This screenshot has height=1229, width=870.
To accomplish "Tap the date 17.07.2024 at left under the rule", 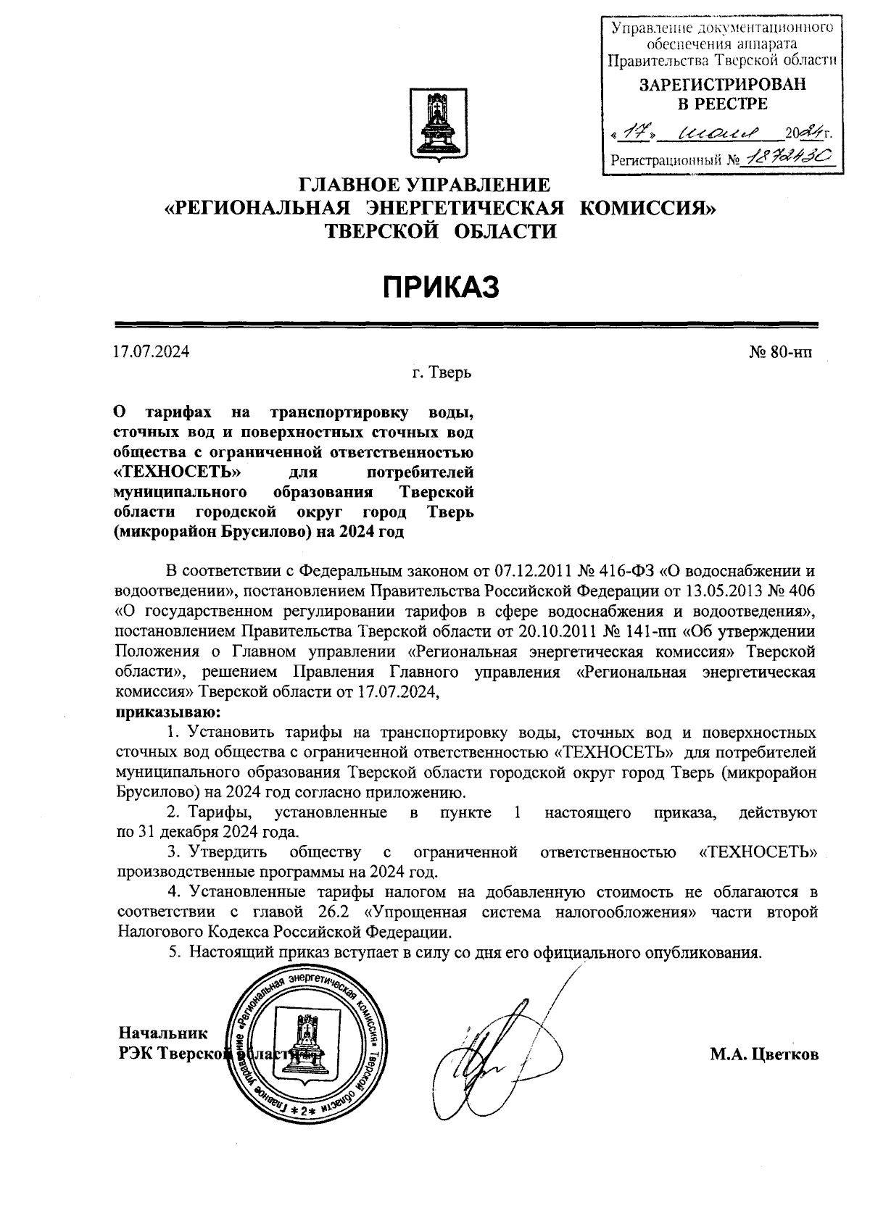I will [152, 353].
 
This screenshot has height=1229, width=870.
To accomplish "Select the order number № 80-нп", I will [780, 353].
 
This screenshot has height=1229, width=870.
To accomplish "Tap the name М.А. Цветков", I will [764, 1054].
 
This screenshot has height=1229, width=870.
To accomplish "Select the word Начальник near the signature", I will [163, 1033].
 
